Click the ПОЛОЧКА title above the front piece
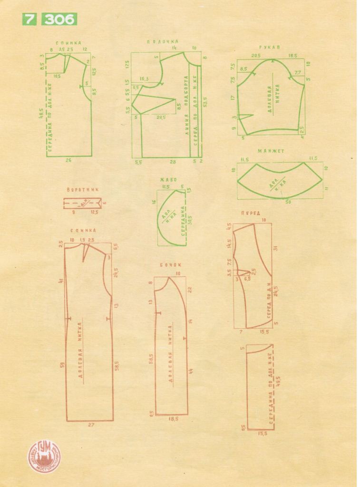coord(163,42)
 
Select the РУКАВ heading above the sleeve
coord(269,47)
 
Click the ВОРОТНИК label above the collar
coord(82,189)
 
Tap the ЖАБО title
coord(169,180)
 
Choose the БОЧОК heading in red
coord(171,265)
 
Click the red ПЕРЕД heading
coord(251,214)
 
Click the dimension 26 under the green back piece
coord(68,161)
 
